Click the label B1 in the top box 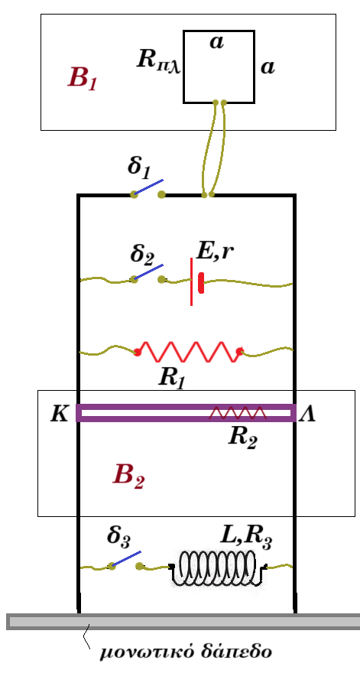(x=83, y=79)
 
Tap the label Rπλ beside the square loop (x=159, y=60)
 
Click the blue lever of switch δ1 (x=148, y=187)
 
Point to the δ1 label (x=139, y=167)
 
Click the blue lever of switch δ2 (x=148, y=271)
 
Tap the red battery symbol (x=196, y=281)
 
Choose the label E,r (x=215, y=252)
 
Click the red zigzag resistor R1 (x=188, y=352)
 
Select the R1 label (x=171, y=379)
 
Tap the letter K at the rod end (x=59, y=415)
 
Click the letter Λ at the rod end (x=306, y=415)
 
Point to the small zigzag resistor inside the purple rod (x=238, y=413)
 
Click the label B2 (x=128, y=476)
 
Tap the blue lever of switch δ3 (x=125, y=559)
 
